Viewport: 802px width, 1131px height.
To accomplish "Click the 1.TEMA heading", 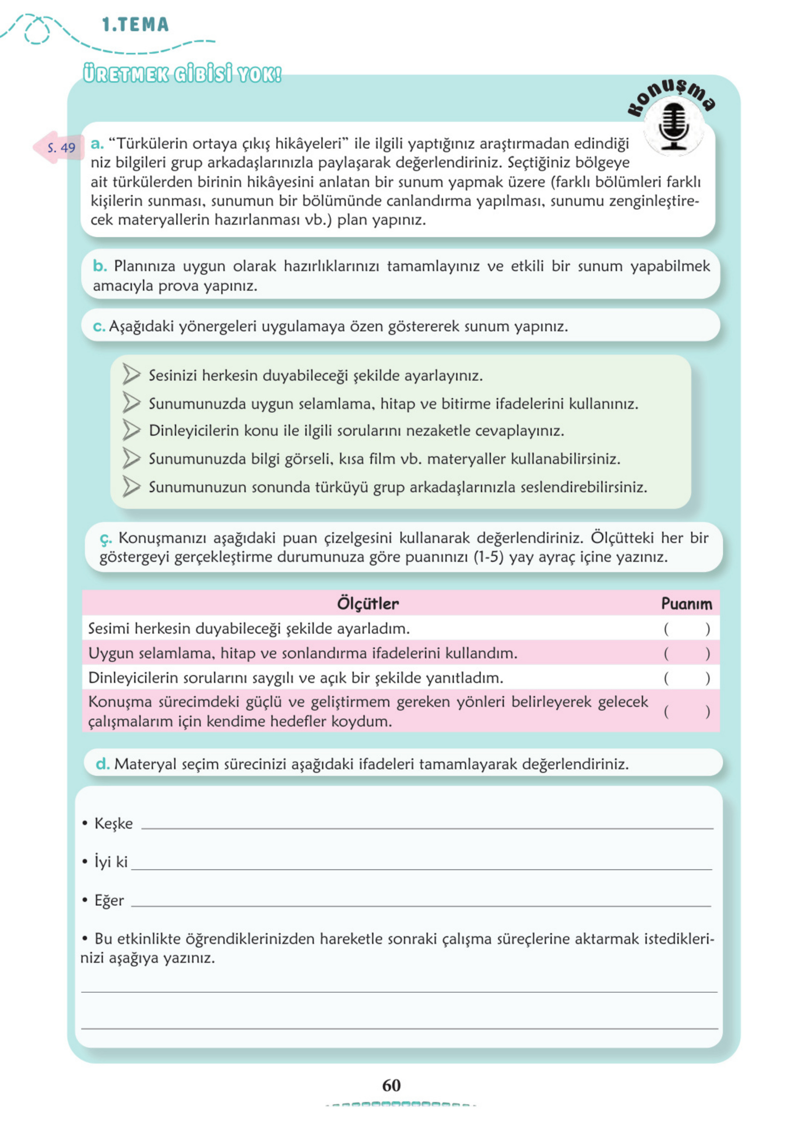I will [x=135, y=25].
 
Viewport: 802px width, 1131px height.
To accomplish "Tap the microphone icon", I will [x=673, y=128].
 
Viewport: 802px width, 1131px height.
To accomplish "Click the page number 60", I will [x=391, y=1085].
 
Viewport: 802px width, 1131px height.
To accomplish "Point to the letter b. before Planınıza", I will [x=100, y=266].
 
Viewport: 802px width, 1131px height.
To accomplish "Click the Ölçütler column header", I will [x=367, y=603].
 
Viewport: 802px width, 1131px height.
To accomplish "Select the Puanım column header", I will [x=686, y=603].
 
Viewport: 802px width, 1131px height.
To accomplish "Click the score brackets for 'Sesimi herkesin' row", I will [x=686, y=628].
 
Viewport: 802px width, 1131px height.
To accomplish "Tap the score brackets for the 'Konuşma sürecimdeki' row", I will [x=686, y=711].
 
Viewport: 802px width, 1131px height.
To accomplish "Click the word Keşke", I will [x=114, y=824].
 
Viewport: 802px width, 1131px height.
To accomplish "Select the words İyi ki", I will [x=111, y=861].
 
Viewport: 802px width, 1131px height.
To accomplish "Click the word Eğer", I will [x=109, y=900].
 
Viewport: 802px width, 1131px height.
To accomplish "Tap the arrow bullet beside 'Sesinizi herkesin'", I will [x=131, y=374].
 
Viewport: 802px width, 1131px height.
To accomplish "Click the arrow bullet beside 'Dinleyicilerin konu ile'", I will [x=131, y=430].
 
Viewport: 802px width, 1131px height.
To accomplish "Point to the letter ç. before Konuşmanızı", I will [x=106, y=538].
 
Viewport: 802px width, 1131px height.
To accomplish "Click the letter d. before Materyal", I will [x=102, y=764].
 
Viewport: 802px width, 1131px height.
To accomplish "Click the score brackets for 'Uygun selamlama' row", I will [x=686, y=653].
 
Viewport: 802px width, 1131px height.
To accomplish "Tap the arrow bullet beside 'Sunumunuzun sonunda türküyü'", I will [x=131, y=486].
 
